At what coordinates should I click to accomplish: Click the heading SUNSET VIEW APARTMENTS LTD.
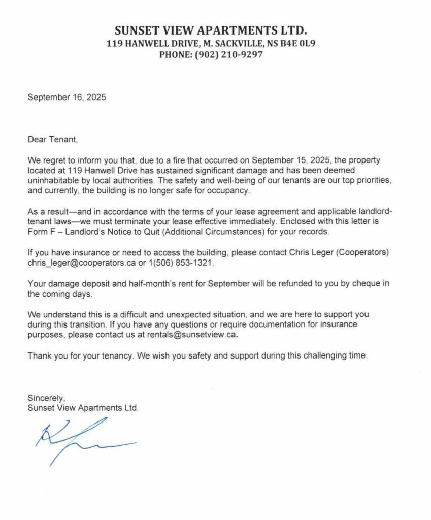(x=211, y=30)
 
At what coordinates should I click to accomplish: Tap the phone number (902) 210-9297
(x=229, y=55)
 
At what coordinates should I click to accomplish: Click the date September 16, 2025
(x=67, y=97)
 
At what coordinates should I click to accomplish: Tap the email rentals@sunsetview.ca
(x=191, y=335)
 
